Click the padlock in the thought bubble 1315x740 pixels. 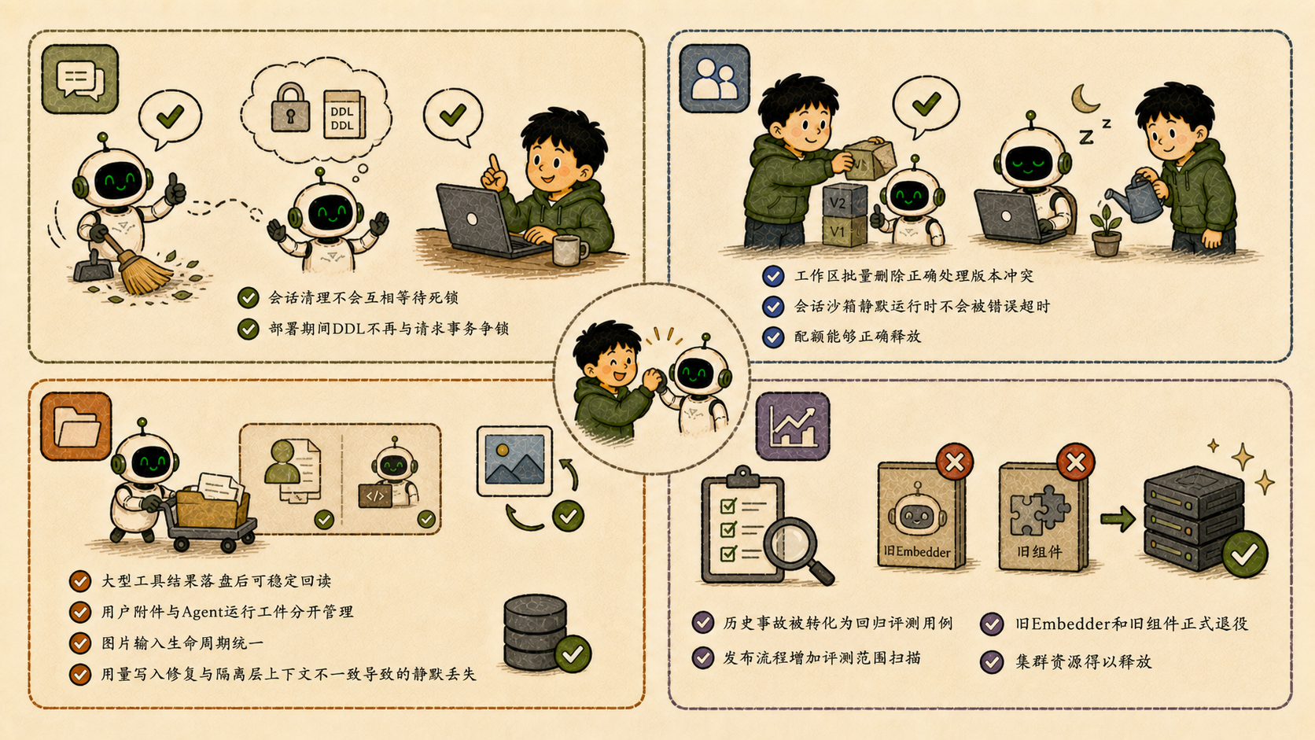coord(290,108)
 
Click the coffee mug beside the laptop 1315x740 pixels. coord(569,251)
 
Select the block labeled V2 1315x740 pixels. coord(844,201)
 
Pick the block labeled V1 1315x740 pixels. coord(844,230)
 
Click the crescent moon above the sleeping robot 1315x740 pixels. coord(1085,98)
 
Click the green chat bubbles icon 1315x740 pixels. coord(80,79)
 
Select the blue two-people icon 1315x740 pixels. coord(714,78)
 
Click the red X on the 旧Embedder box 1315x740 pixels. coord(955,462)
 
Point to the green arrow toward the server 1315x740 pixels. coord(1118,519)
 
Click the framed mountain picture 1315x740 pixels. coord(514,461)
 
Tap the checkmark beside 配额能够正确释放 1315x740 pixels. coord(772,337)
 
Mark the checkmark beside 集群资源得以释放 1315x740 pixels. coord(992,662)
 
